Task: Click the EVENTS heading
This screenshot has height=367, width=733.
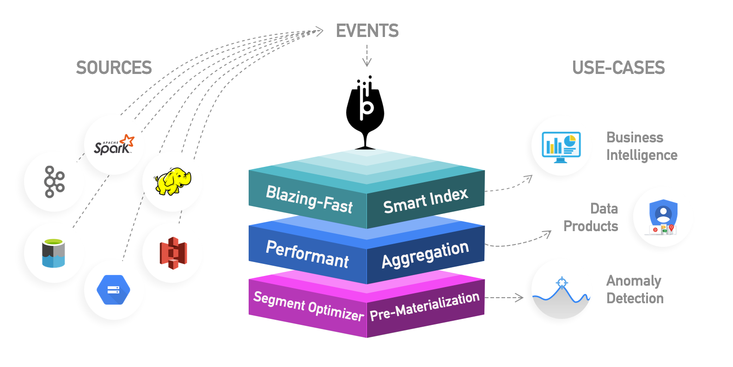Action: (367, 31)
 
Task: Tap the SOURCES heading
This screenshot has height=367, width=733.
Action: (114, 68)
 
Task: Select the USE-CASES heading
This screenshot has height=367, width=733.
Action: (618, 68)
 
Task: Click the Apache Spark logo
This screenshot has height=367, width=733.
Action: (114, 145)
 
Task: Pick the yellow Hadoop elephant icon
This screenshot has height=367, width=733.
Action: (172, 182)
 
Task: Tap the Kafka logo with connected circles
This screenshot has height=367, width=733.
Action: (54, 182)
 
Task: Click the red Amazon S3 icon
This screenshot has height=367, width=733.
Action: (173, 253)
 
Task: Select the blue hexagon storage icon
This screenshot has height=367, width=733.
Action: (113, 290)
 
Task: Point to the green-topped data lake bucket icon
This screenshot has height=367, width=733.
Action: (54, 253)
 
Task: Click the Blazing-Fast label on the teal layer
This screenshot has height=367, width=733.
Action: (309, 199)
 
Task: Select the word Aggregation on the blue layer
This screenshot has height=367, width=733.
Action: (425, 254)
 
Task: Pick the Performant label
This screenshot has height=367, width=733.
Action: (307, 254)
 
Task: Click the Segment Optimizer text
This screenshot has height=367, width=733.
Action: (308, 306)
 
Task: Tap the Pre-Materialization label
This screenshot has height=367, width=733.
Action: (424, 306)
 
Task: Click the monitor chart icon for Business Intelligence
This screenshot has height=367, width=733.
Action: (561, 147)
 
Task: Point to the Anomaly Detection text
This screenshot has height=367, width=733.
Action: (635, 289)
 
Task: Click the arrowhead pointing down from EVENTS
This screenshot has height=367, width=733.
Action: (367, 63)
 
